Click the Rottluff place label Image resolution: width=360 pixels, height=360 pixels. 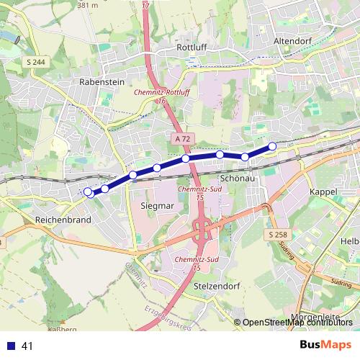(x=192, y=48)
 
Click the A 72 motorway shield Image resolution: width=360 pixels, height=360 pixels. (x=183, y=138)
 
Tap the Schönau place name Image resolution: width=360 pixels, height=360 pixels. (x=237, y=176)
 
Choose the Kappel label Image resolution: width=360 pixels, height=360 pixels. (x=323, y=192)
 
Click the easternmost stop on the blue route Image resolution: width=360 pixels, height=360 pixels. (x=272, y=147)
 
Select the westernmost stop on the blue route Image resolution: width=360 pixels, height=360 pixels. (x=88, y=192)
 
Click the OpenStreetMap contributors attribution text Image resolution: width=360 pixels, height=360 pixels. (x=295, y=322)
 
